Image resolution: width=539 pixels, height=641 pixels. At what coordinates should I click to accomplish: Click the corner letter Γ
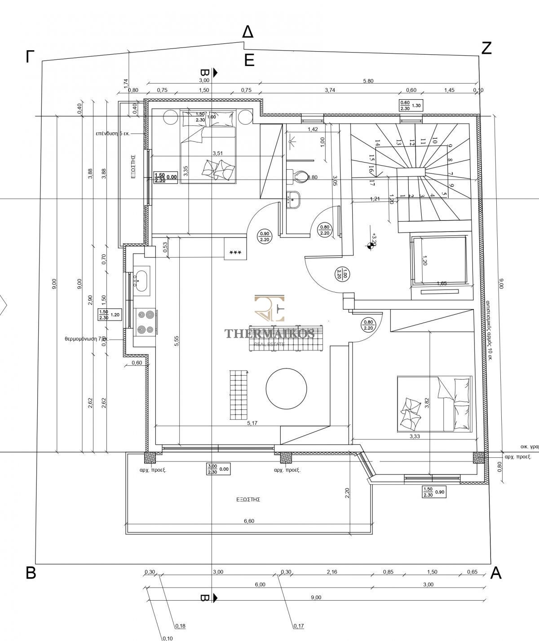[30, 57]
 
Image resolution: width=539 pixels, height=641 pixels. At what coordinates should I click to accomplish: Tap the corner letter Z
[486, 48]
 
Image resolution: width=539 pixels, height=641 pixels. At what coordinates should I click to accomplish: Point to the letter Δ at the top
[247, 32]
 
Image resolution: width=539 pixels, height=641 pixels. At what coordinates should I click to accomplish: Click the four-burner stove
[146, 322]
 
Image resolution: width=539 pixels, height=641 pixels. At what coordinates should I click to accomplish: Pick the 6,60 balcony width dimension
[248, 521]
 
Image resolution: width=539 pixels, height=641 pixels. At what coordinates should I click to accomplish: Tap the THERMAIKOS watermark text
[269, 333]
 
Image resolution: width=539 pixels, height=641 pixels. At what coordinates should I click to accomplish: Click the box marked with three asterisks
[235, 252]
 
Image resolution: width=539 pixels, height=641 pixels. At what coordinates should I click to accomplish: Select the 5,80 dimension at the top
[368, 81]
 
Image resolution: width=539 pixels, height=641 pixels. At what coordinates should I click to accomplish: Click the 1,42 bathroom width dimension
[313, 129]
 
